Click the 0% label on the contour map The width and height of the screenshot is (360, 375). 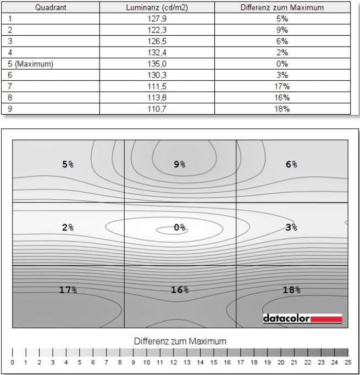(179, 227)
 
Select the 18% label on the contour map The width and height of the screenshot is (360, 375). (291, 290)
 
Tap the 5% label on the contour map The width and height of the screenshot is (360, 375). (68, 164)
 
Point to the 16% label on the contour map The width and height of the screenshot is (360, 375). (179, 290)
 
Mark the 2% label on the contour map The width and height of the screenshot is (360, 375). (68, 227)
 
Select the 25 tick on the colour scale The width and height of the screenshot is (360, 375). (347, 363)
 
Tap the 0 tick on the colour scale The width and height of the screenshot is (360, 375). (12, 363)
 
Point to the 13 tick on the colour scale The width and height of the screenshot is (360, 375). (186, 363)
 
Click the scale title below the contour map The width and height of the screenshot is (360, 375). (180, 341)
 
